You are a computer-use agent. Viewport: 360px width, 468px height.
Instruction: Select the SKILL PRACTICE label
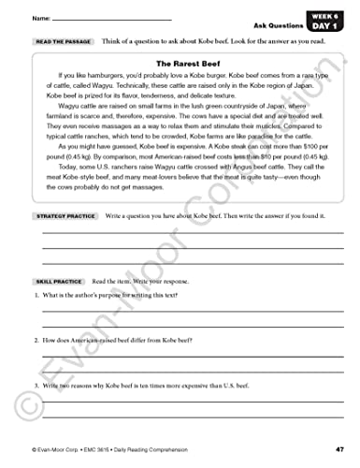[x=57, y=280]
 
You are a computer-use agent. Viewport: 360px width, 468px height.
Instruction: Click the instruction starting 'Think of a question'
[x=215, y=42]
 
